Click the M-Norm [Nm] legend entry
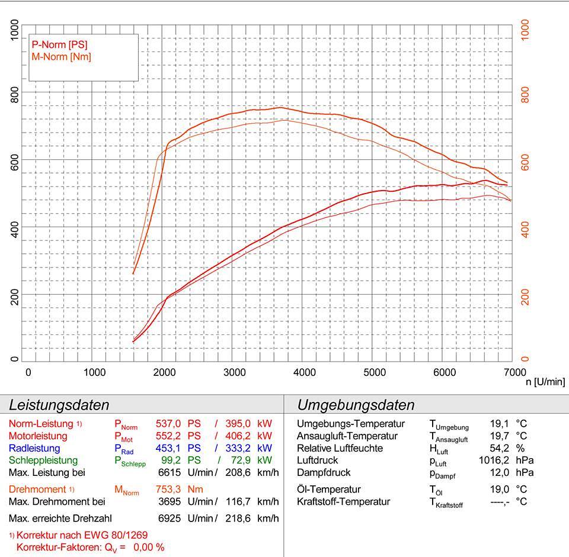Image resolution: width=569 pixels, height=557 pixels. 61,57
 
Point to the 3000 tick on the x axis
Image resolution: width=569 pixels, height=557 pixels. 235,372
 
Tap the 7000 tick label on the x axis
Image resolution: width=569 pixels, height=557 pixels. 514,372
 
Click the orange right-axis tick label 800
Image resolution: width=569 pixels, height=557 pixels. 525,94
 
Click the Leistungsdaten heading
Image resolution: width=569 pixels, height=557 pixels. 59,405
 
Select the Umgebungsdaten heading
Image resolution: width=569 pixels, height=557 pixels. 356,405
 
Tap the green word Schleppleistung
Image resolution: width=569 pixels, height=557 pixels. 43,461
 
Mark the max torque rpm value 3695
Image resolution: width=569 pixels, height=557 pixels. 171,502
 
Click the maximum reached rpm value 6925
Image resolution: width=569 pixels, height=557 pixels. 171,518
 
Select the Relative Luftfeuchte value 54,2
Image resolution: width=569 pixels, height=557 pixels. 499,448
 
